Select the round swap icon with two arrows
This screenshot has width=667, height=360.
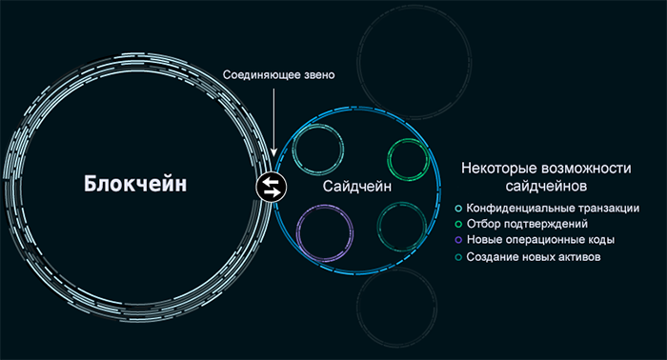271,186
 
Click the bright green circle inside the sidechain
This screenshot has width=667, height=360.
409,159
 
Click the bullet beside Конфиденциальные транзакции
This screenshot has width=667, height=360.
459,208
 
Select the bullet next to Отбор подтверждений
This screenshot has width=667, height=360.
459,224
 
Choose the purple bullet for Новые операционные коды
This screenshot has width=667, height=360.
459,240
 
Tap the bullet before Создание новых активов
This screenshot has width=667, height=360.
459,256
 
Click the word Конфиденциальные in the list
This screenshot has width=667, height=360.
519,208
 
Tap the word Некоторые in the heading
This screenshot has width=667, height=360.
495,168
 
